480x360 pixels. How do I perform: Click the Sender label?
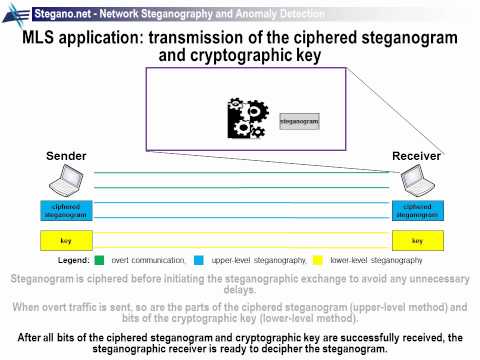(x=66, y=157)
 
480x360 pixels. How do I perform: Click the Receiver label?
(x=416, y=157)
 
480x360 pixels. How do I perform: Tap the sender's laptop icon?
(x=65, y=182)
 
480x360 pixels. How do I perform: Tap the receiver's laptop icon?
(x=416, y=182)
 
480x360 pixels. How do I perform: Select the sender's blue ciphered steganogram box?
(x=65, y=211)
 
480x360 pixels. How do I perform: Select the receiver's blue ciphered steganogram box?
(x=417, y=211)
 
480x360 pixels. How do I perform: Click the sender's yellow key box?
(x=65, y=241)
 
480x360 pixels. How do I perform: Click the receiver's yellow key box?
(x=417, y=241)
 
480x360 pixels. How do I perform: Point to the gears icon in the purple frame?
(x=247, y=119)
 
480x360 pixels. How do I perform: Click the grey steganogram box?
(x=299, y=121)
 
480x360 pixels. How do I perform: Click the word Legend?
(x=73, y=260)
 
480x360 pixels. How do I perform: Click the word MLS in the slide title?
(x=43, y=37)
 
